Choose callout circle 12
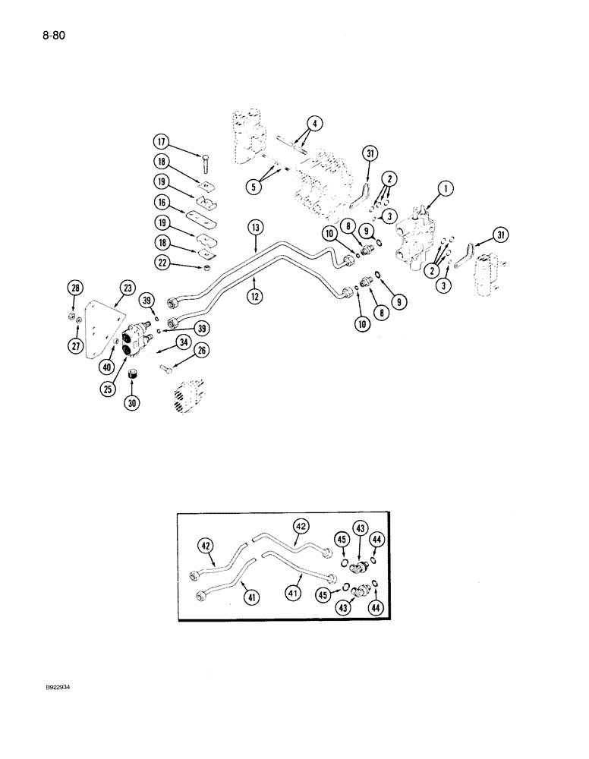coord(256,297)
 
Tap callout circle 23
coord(127,288)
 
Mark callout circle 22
coord(161,262)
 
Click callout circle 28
coord(74,288)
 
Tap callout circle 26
coord(200,350)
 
